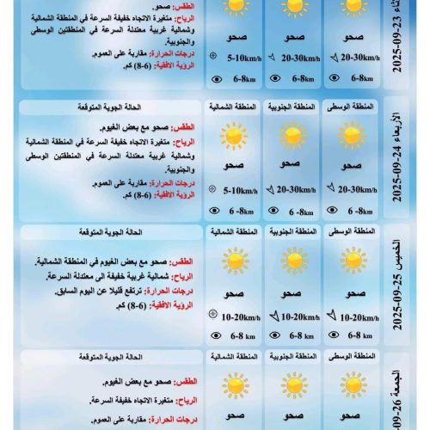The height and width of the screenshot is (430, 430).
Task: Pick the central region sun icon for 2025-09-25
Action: pos(352,261)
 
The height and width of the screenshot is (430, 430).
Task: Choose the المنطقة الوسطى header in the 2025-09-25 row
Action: pos(352,233)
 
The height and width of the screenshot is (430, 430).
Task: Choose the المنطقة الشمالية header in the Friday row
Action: pos(233,356)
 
